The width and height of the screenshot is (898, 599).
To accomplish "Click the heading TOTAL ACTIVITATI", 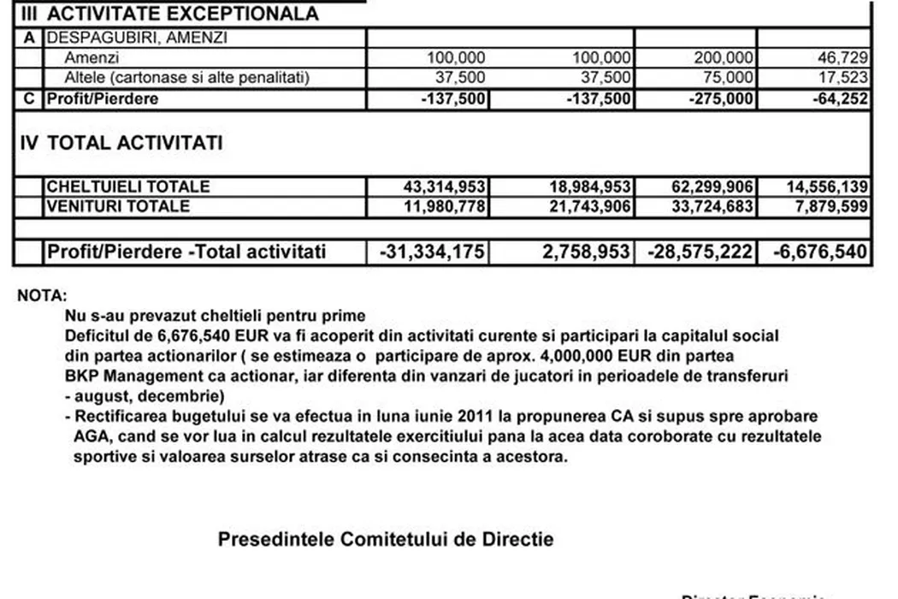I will click(135, 143).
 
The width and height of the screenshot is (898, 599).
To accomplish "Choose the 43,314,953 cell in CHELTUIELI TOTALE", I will click(444, 187).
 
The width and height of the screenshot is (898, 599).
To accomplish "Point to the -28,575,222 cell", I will click(701, 252).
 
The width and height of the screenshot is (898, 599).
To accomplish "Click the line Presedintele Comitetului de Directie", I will click(385, 540).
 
